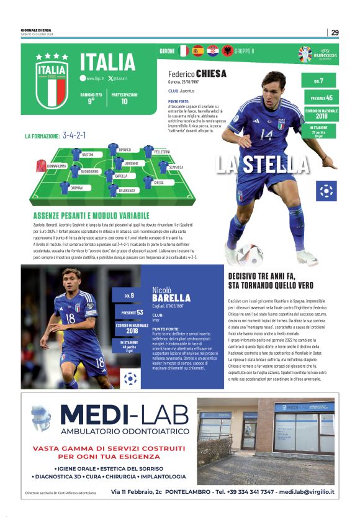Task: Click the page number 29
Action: pos(335,32)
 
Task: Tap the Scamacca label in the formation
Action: pos(176,167)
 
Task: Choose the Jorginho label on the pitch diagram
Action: pos(130,163)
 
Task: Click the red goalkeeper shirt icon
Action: pos(41,165)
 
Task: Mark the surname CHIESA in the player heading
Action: pos(211,74)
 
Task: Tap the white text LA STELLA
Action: pos(262,164)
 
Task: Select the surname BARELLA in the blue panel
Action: pos(171,298)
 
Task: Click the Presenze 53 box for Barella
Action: pos(131,312)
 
